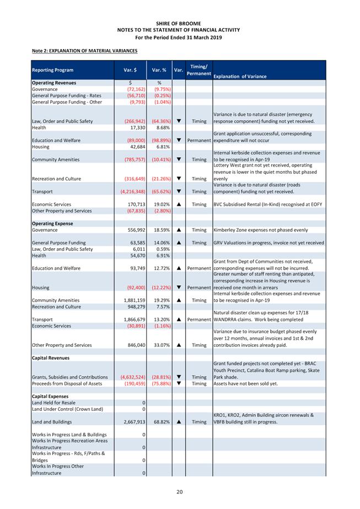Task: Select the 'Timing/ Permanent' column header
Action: pyautogui.click(x=198, y=69)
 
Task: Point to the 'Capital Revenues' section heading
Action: pyautogui.click(x=50, y=358)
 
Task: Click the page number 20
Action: pyautogui.click(x=180, y=491)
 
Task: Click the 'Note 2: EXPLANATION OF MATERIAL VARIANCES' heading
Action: pyautogui.click(x=84, y=51)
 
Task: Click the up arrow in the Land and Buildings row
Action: pyautogui.click(x=178, y=422)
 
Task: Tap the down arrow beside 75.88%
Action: pyautogui.click(x=178, y=383)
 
